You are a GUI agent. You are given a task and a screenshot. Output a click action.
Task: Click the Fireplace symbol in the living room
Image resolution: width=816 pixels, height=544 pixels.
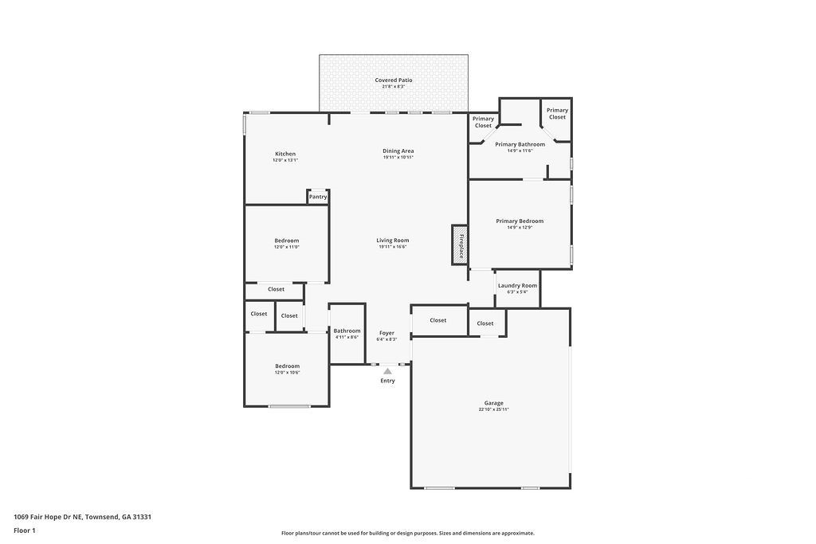[460, 245]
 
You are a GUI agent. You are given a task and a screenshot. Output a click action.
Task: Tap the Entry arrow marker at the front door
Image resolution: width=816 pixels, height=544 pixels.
[387, 371]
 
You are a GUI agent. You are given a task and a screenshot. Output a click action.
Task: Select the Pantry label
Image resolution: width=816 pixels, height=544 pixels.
[318, 197]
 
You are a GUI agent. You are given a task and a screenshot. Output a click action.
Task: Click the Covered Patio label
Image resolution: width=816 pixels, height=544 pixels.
[394, 80]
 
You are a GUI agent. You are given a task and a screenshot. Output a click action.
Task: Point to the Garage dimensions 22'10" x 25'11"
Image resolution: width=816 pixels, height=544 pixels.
[493, 409]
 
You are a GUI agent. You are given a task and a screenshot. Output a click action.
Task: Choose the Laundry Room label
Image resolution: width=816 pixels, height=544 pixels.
[517, 285]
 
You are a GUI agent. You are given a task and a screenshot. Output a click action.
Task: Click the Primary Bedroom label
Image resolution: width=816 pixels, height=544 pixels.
[520, 221]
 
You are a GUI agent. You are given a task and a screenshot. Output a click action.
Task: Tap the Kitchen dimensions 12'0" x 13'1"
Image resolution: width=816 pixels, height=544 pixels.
[284, 160]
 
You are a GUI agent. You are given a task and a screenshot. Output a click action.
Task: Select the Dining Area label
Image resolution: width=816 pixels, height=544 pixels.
[398, 151]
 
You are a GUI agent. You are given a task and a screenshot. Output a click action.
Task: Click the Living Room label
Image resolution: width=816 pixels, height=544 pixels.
[393, 240]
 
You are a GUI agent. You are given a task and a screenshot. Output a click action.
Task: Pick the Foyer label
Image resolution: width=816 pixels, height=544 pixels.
[386, 332]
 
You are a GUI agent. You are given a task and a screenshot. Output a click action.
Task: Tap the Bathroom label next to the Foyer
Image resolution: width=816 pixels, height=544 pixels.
[347, 331]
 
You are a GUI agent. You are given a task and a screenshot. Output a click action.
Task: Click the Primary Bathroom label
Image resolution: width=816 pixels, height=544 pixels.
[520, 144]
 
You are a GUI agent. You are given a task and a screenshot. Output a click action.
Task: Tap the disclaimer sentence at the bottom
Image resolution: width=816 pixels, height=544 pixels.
[407, 534]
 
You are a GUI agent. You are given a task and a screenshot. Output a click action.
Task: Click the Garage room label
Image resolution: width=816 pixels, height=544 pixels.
[493, 403]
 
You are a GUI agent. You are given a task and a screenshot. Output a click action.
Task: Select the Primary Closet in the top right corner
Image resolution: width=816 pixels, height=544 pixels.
[557, 113]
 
